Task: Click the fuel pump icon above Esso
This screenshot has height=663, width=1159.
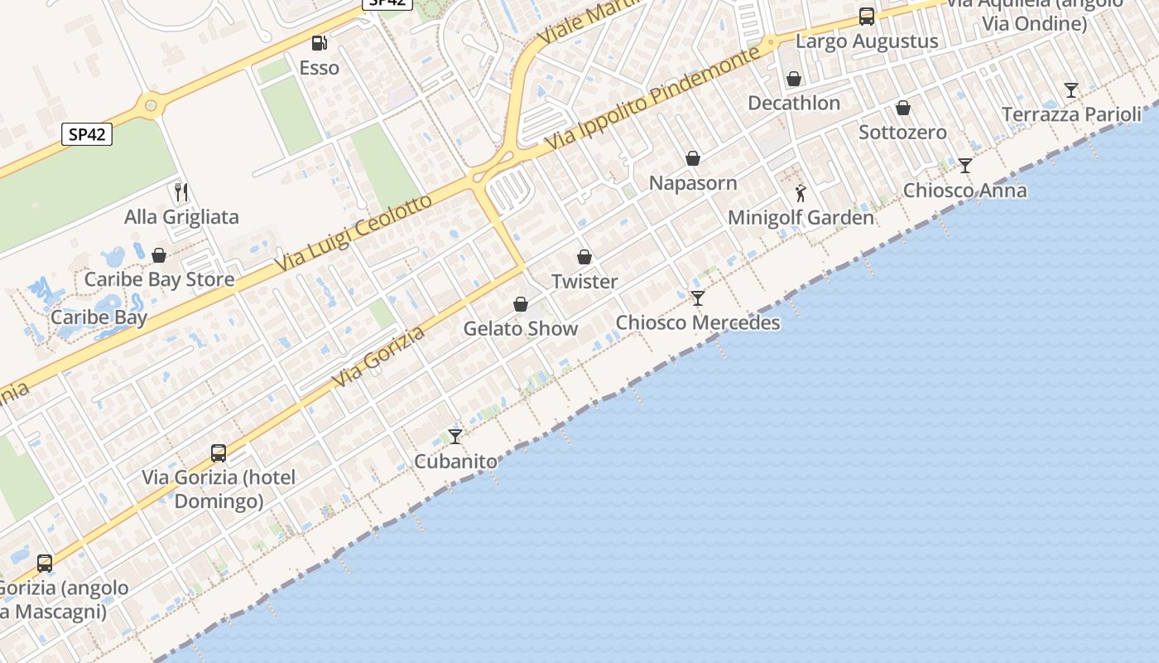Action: pyautogui.click(x=318, y=43)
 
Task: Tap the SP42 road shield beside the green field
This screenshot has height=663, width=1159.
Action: pyautogui.click(x=87, y=134)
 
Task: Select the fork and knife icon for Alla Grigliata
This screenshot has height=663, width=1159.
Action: pyautogui.click(x=181, y=193)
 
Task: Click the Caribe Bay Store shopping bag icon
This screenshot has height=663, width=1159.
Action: pyautogui.click(x=159, y=255)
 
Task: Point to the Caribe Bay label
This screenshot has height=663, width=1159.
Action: pyautogui.click(x=99, y=317)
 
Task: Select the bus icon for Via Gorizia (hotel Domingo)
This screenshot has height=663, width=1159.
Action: pyautogui.click(x=219, y=453)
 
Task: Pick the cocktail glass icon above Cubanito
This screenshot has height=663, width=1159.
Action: pyautogui.click(x=455, y=436)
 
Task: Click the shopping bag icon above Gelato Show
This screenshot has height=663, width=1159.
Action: pyautogui.click(x=521, y=304)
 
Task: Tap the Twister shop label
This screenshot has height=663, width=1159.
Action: pyautogui.click(x=584, y=282)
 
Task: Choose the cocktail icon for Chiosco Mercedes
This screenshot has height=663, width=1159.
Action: pyautogui.click(x=698, y=298)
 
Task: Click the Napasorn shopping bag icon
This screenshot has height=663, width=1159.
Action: pyautogui.click(x=693, y=158)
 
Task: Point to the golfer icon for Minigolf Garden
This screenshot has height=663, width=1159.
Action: pyautogui.click(x=801, y=193)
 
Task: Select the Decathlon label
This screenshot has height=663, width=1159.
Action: pyautogui.click(x=794, y=104)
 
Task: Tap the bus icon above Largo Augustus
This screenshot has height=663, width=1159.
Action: pyautogui.click(x=867, y=17)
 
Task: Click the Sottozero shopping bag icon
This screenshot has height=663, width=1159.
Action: pyautogui.click(x=903, y=108)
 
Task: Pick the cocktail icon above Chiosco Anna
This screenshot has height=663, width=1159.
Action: pyautogui.click(x=965, y=166)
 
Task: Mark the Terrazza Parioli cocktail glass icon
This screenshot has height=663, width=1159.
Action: pyautogui.click(x=1071, y=90)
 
